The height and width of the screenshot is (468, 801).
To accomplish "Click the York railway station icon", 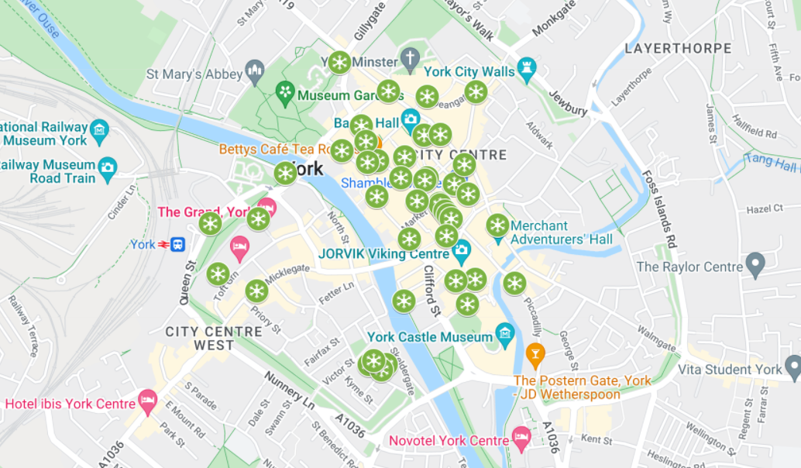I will pos(177,245).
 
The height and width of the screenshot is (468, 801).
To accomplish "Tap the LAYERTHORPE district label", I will pos(678,48).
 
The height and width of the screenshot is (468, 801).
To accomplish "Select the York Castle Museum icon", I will pos(505,335).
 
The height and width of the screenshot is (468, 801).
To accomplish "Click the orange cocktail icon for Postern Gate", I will pos(535,355).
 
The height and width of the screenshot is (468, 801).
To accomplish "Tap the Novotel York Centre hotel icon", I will pos(521,437).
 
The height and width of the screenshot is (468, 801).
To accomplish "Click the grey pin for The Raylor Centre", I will pos(755,265).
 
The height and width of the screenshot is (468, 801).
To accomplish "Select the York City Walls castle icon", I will pos(528,68).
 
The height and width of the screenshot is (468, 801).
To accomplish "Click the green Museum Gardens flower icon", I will pos(285,94).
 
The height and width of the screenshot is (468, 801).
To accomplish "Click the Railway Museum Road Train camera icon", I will pos(108,166).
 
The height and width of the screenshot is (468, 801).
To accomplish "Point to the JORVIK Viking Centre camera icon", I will pos(462,250).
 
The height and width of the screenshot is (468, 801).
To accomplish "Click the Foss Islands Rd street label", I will pos(660,209).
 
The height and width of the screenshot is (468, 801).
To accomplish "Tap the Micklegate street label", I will pos(287,274).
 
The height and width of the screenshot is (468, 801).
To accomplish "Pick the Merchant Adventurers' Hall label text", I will pos(562,232).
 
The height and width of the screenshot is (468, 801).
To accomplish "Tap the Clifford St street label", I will pos(431,290).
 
